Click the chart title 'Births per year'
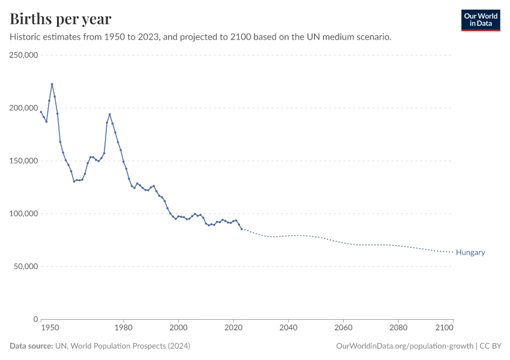pos(60,19)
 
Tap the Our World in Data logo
pos(480,20)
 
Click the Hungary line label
pos(470,253)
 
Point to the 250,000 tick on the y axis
pos(23,55)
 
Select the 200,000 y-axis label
pos(23,108)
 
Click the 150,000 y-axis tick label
pos(23,161)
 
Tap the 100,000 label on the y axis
pos(23,214)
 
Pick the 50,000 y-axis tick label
pos(26,266)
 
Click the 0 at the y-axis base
pos(35,319)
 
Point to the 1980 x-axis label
pos(123,328)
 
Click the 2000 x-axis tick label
pos(178,328)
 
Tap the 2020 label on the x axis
pos(233,328)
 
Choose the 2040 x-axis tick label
pos(288,328)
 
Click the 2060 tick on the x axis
pos(343,328)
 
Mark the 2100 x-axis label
pos(445,328)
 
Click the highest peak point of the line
pos(52,84)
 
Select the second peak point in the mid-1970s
pos(109,114)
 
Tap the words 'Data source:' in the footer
pos(31,346)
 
